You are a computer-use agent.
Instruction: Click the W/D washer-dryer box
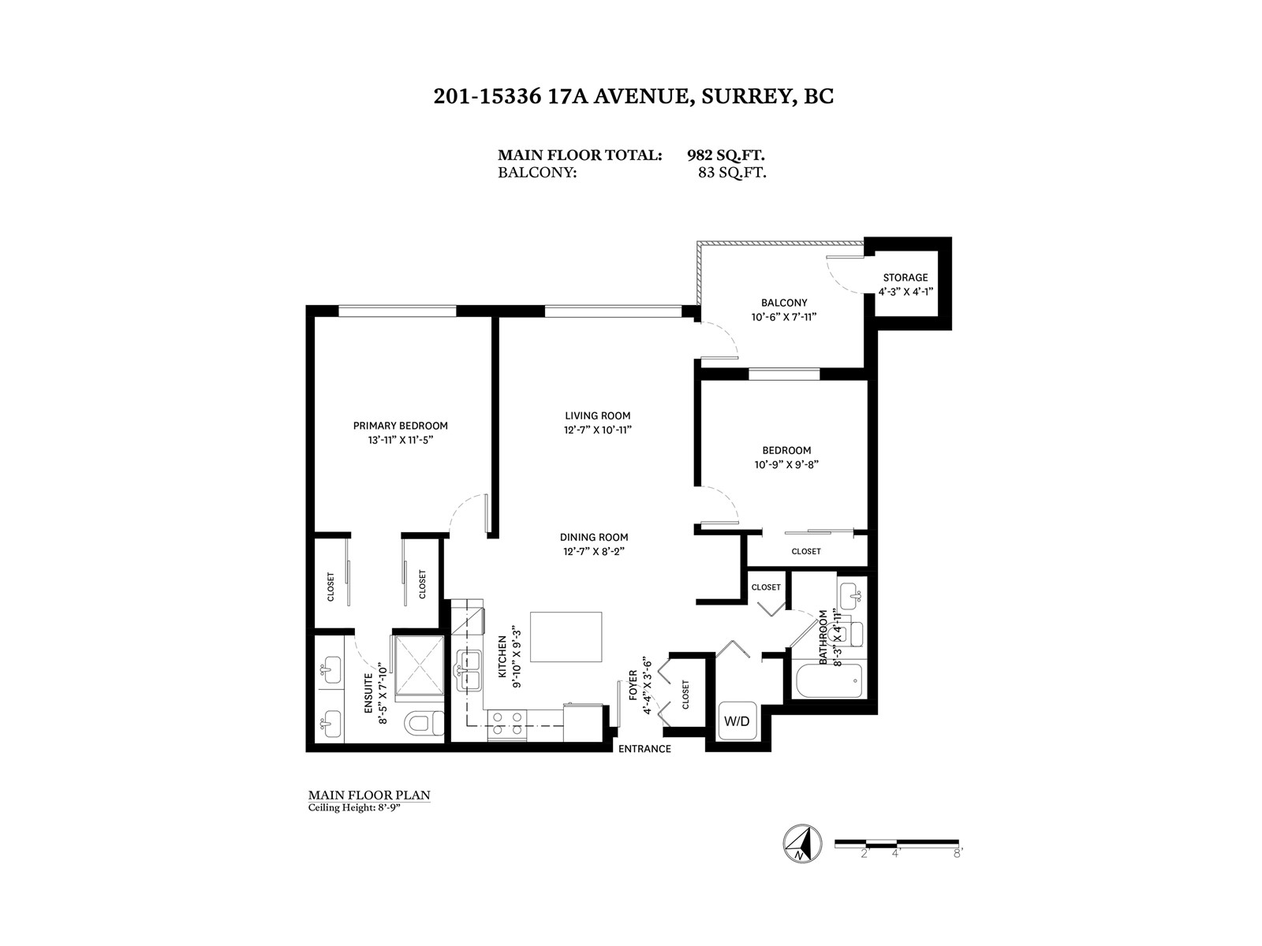pyautogui.click(x=737, y=721)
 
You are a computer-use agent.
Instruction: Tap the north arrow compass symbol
pyautogui.click(x=801, y=844)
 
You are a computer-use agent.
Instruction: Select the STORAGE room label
pyautogui.click(x=905, y=277)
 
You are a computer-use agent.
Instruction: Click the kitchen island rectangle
pyautogui.click(x=566, y=636)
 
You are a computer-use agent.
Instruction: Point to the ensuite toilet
pyautogui.click(x=424, y=723)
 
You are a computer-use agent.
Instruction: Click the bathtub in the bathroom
pyautogui.click(x=830, y=680)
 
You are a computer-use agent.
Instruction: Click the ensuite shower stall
pyautogui.click(x=420, y=665)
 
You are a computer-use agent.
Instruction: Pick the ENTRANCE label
pyautogui.click(x=644, y=749)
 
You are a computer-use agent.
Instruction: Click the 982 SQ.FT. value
pyautogui.click(x=726, y=155)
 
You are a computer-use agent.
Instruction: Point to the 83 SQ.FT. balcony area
pyautogui.click(x=732, y=173)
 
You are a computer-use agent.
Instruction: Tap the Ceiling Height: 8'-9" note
pyautogui.click(x=354, y=807)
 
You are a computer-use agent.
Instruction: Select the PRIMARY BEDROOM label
pyautogui.click(x=400, y=426)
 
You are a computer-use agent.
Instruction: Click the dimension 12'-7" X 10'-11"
pyautogui.click(x=597, y=430)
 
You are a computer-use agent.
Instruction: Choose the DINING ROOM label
pyautogui.click(x=594, y=537)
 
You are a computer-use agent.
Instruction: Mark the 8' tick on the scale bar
pyautogui.click(x=958, y=854)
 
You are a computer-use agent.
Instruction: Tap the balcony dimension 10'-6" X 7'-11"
pyautogui.click(x=784, y=316)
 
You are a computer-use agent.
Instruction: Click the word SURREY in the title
pyautogui.click(x=745, y=96)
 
